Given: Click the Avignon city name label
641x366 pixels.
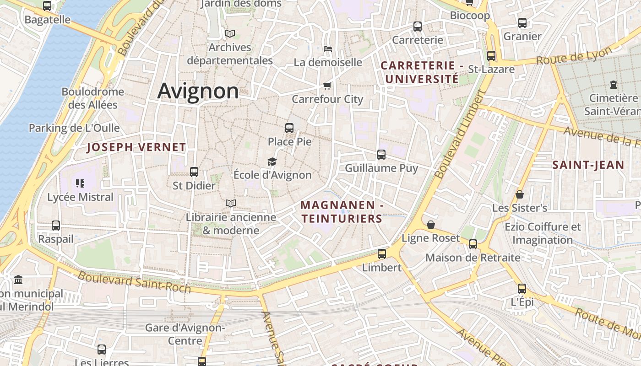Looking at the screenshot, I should [x=198, y=91].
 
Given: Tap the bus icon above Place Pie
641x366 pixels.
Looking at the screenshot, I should [x=289, y=128].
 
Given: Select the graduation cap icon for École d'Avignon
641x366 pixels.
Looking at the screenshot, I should [x=272, y=161].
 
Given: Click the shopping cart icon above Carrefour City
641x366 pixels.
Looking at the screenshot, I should [x=327, y=86].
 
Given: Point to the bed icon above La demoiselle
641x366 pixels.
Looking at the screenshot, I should [x=327, y=48].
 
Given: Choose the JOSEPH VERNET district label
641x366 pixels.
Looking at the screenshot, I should [x=136, y=147].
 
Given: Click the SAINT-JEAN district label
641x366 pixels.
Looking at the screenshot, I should [x=588, y=165].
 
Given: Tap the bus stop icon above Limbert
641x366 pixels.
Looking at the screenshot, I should [x=381, y=253].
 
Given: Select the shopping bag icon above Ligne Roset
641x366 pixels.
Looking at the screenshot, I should [x=430, y=225].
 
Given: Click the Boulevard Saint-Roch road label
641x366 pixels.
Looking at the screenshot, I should [x=134, y=282].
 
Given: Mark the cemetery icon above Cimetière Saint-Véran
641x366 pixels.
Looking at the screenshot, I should [x=613, y=85].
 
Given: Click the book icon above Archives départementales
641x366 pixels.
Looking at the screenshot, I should [x=229, y=34].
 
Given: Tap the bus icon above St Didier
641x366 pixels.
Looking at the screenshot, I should [x=194, y=172].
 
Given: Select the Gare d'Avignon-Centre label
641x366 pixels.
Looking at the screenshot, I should [x=185, y=334].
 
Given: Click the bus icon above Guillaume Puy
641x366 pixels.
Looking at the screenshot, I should [x=381, y=155].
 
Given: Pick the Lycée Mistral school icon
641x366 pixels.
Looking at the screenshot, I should [x=80, y=183].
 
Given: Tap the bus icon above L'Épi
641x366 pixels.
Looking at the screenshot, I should [x=521, y=289].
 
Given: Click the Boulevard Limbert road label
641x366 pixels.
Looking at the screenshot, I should [x=459, y=135].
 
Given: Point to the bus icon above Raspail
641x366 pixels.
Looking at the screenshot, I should [x=55, y=226].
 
